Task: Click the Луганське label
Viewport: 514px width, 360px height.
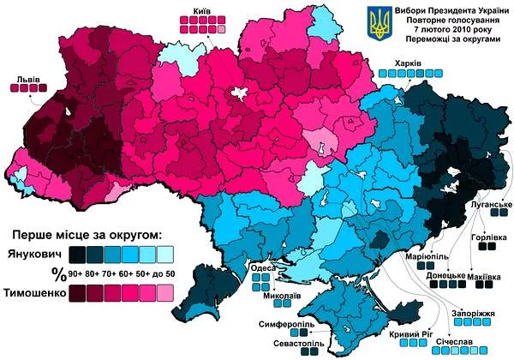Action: [x=491, y=206]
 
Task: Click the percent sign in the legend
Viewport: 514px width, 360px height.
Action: [x=58, y=273]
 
